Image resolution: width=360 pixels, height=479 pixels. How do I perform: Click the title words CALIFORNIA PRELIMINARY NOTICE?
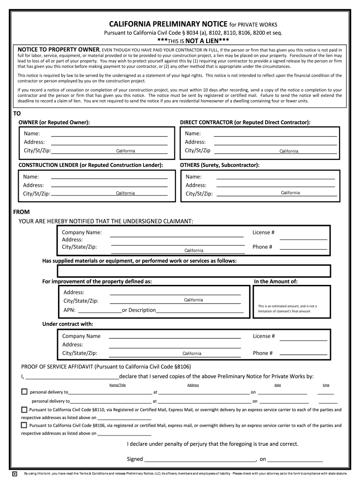[161, 24]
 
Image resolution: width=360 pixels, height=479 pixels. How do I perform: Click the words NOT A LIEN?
[196, 41]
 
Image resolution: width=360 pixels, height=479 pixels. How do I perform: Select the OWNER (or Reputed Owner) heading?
[54, 122]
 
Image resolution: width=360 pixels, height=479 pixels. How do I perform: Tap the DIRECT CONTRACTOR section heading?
[245, 122]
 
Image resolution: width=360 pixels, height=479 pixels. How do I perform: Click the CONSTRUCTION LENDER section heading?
[91, 165]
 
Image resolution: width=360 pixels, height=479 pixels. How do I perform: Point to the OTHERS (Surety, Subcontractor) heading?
[220, 165]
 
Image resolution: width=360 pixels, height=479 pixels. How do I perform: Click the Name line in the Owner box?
[109, 134]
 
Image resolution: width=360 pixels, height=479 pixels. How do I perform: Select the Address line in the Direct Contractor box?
[275, 142]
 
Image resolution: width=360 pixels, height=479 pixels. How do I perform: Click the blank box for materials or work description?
[194, 271]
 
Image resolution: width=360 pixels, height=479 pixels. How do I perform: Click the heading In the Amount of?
[275, 282]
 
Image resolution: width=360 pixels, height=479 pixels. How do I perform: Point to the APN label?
[69, 310]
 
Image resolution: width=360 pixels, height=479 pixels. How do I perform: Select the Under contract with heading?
[68, 324]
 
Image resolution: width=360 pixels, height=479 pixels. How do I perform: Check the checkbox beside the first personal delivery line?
[24, 392]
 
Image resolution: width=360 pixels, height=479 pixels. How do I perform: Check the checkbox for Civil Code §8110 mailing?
[24, 409]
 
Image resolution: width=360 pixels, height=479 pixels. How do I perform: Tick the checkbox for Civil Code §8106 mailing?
[24, 425]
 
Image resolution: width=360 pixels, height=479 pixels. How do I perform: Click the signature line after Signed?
[200, 459]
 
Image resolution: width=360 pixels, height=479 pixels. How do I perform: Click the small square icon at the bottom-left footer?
[15, 473]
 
